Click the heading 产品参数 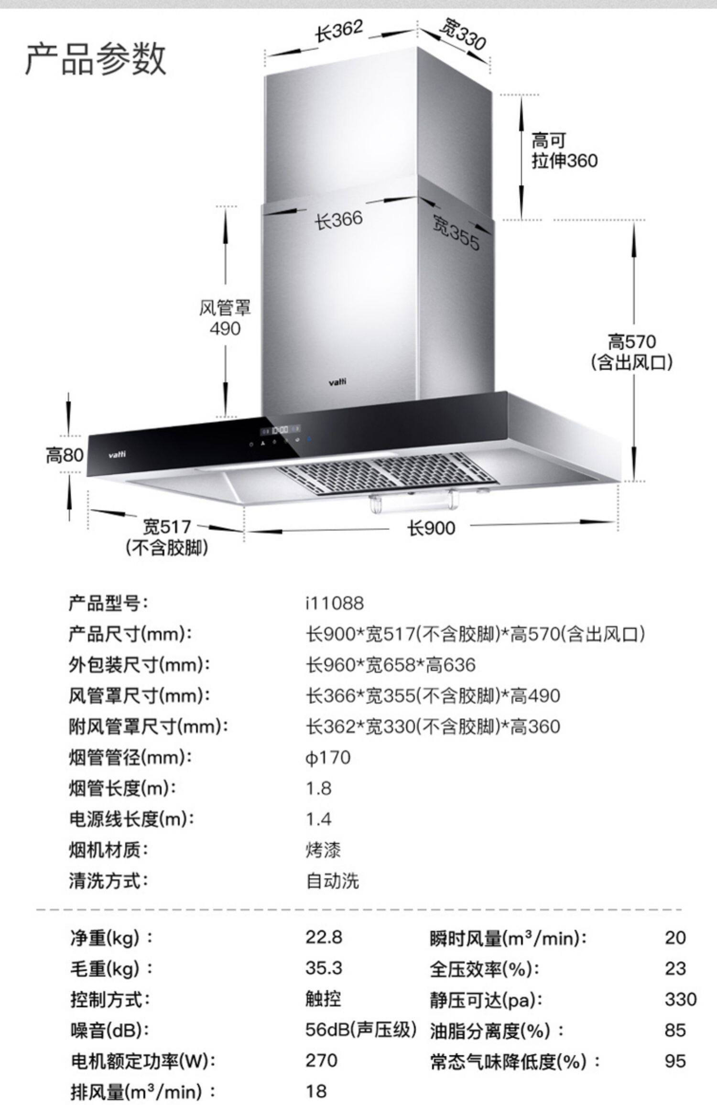95,58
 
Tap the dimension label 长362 339,32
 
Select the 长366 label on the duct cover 338,220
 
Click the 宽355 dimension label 456,233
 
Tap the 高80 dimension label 65,455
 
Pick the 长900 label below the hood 431,528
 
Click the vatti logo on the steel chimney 337,381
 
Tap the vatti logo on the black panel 117,455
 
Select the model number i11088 335,603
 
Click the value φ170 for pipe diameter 328,758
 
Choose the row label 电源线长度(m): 131,819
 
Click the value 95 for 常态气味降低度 675,1061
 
